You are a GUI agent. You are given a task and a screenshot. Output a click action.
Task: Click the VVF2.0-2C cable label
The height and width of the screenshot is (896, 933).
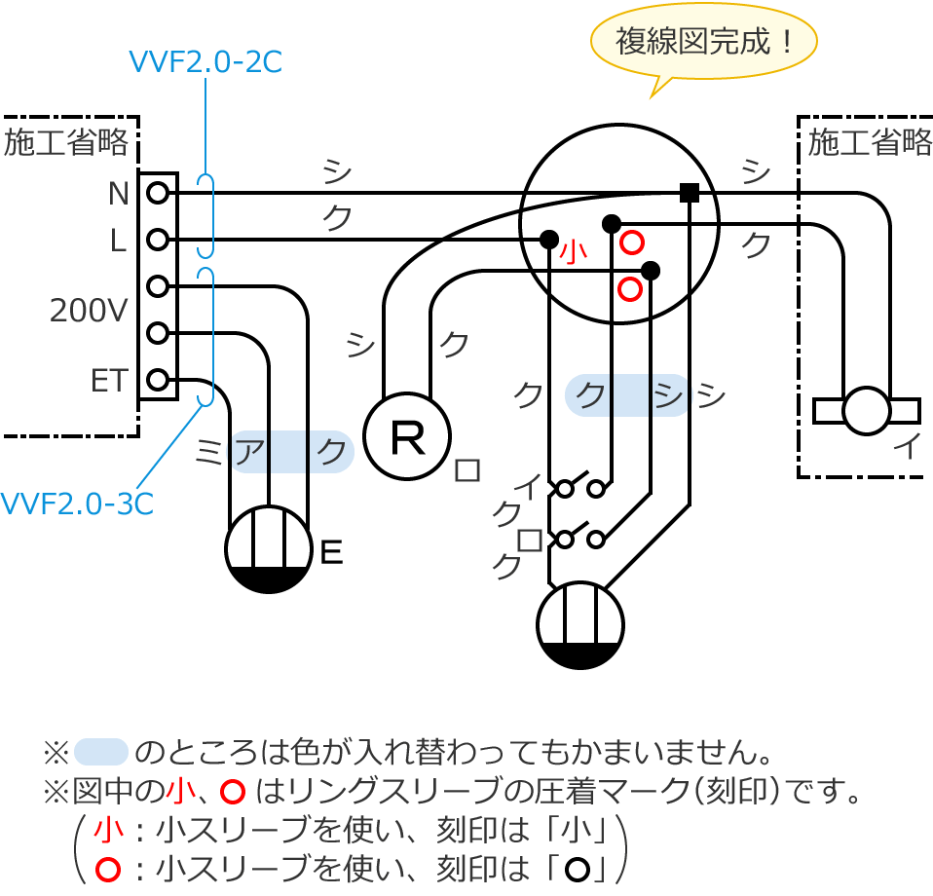(x=205, y=62)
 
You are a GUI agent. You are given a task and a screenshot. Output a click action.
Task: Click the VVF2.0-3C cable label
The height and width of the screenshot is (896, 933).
(x=76, y=504)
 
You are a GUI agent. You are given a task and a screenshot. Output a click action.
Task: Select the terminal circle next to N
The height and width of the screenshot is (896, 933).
(x=158, y=193)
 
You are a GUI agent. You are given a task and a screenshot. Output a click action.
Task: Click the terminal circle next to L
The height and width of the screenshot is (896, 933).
(x=158, y=240)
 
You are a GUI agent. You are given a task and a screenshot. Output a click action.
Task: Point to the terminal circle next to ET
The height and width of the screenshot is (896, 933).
(x=158, y=379)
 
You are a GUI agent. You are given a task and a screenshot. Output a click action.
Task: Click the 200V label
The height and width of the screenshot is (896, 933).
(x=90, y=312)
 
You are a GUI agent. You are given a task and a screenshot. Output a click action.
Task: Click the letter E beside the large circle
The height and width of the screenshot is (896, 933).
(x=331, y=553)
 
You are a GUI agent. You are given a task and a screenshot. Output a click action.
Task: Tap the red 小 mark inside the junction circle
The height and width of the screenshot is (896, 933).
(x=573, y=252)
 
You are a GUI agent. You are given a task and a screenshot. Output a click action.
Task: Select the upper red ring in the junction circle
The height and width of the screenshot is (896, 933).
(x=632, y=243)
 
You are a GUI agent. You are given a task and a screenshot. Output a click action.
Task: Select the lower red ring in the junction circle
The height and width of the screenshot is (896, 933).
(x=630, y=288)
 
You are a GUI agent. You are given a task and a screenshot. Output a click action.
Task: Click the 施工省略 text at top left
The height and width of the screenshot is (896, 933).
(x=66, y=143)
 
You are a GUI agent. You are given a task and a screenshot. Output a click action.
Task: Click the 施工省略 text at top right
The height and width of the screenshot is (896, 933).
(x=870, y=143)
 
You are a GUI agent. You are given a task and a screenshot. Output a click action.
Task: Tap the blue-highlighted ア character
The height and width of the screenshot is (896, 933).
(x=251, y=451)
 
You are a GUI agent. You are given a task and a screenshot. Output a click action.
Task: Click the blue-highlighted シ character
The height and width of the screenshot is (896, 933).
(x=668, y=396)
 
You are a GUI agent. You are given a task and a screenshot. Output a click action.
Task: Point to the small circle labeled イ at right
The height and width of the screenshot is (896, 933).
(x=866, y=411)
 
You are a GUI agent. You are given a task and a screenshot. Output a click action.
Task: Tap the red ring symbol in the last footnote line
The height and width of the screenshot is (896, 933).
(x=105, y=867)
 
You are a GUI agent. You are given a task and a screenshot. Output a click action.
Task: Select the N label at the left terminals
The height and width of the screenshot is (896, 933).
(x=118, y=194)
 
